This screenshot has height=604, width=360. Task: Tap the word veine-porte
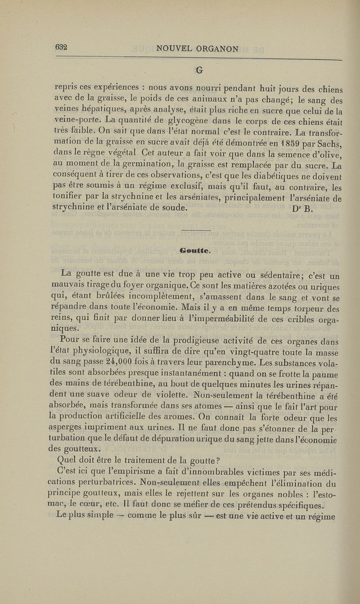pos(73,122)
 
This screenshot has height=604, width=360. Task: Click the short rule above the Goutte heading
pos(195,230)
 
